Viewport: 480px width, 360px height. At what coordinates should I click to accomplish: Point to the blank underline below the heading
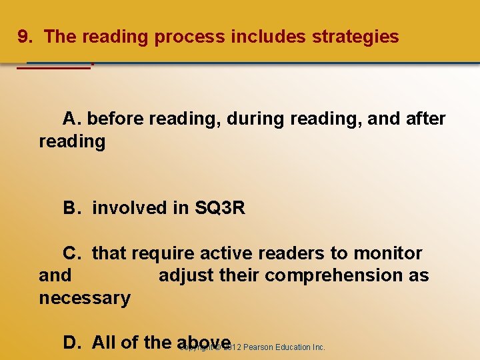pos(53,67)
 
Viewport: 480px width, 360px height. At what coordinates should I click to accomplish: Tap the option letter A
pos(71,119)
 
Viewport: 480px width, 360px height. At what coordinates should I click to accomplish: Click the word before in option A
pos(116,119)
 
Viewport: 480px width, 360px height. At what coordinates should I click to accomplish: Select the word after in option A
pos(425,119)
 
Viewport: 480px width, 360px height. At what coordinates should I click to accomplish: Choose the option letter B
pos(71,209)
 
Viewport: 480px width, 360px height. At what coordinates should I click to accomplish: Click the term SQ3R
pos(220,209)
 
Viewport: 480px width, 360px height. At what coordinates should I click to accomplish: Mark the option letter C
pos(71,254)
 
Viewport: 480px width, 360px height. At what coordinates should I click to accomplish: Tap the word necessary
pos(85,298)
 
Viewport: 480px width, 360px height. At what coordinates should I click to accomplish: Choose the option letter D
pos(71,343)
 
